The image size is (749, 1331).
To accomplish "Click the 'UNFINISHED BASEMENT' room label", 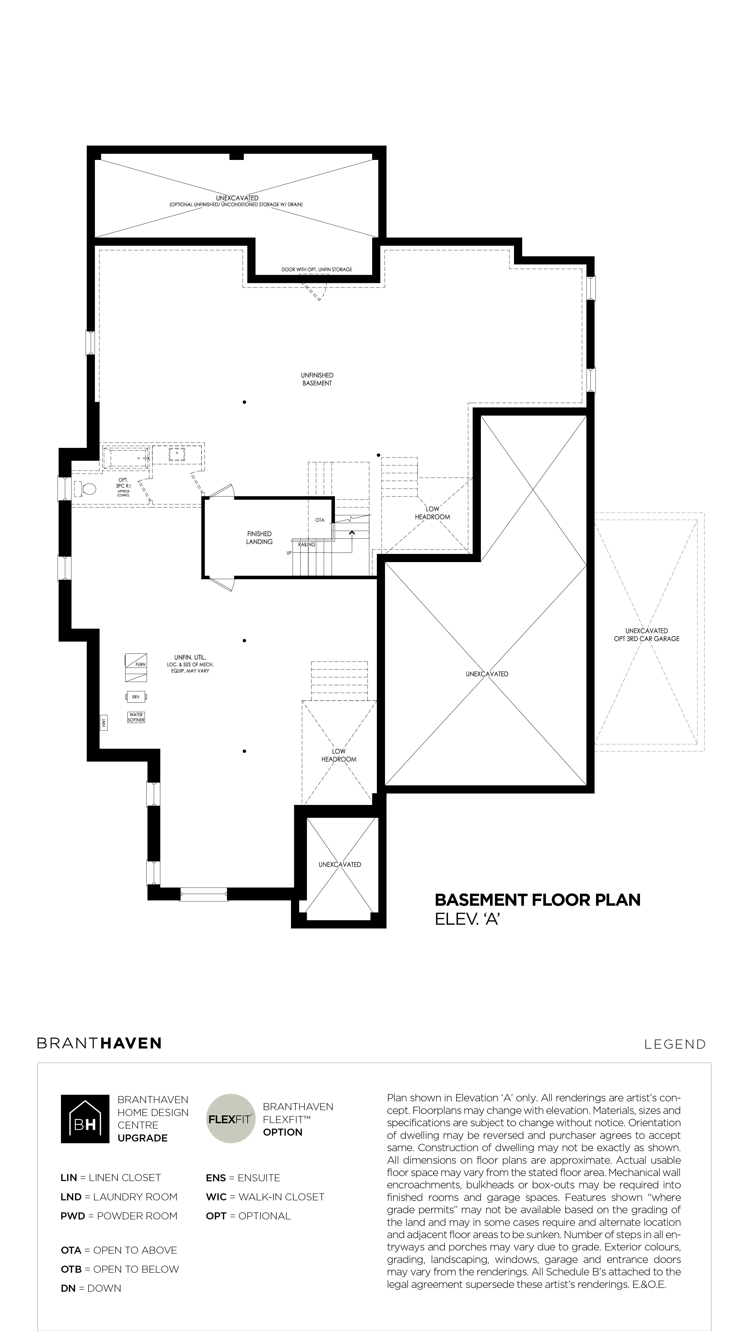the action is click(x=317, y=379).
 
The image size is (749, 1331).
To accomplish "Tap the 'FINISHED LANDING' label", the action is click(x=259, y=538).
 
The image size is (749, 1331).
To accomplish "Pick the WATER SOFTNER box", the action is click(x=137, y=717).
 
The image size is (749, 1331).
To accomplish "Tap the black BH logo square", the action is click(x=85, y=1119).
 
